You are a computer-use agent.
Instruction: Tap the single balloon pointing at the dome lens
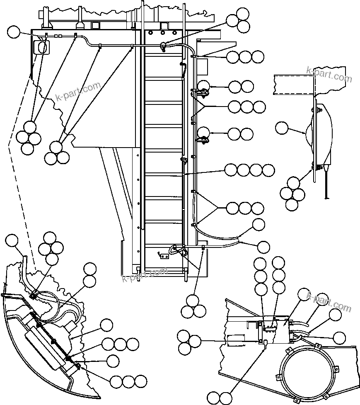pyautogui.click(x=283, y=128)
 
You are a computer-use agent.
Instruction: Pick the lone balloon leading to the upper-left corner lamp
pyautogui.click(x=14, y=32)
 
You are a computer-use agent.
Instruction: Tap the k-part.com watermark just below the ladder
pyautogui.click(x=145, y=274)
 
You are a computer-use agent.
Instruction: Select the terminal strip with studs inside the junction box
pyautogui.click(x=271, y=327)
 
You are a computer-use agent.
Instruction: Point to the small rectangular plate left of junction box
pyautogui.click(x=237, y=340)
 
